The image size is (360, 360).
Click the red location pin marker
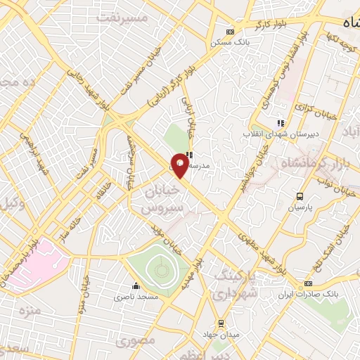pos(180,166)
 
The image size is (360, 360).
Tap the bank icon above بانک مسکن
pos(231,31)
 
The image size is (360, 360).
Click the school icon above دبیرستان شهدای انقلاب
pos(281,124)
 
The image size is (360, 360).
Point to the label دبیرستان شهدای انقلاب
pos(278,134)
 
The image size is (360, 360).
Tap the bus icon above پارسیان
pos(300,197)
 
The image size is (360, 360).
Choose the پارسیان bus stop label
pos(300,208)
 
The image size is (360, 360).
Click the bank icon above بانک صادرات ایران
pos(308,283)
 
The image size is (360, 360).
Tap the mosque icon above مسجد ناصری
pos(136,287)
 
